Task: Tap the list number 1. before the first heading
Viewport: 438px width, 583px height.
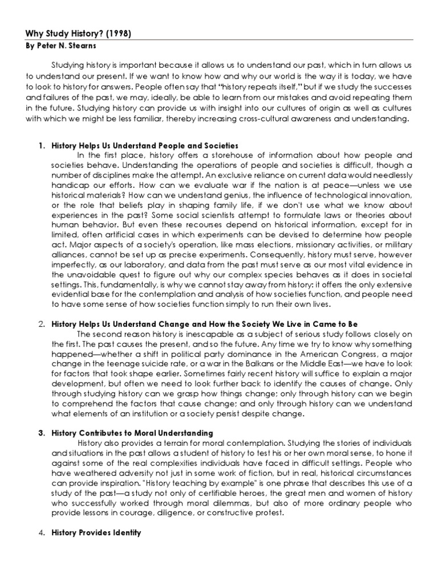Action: pyautogui.click(x=41, y=146)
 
